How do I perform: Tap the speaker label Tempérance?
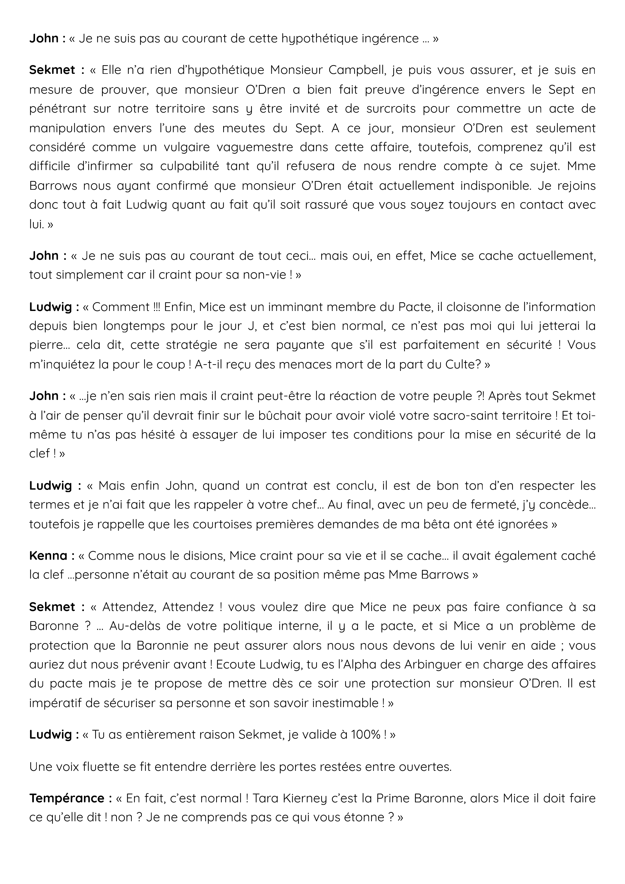tap(66, 798)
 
